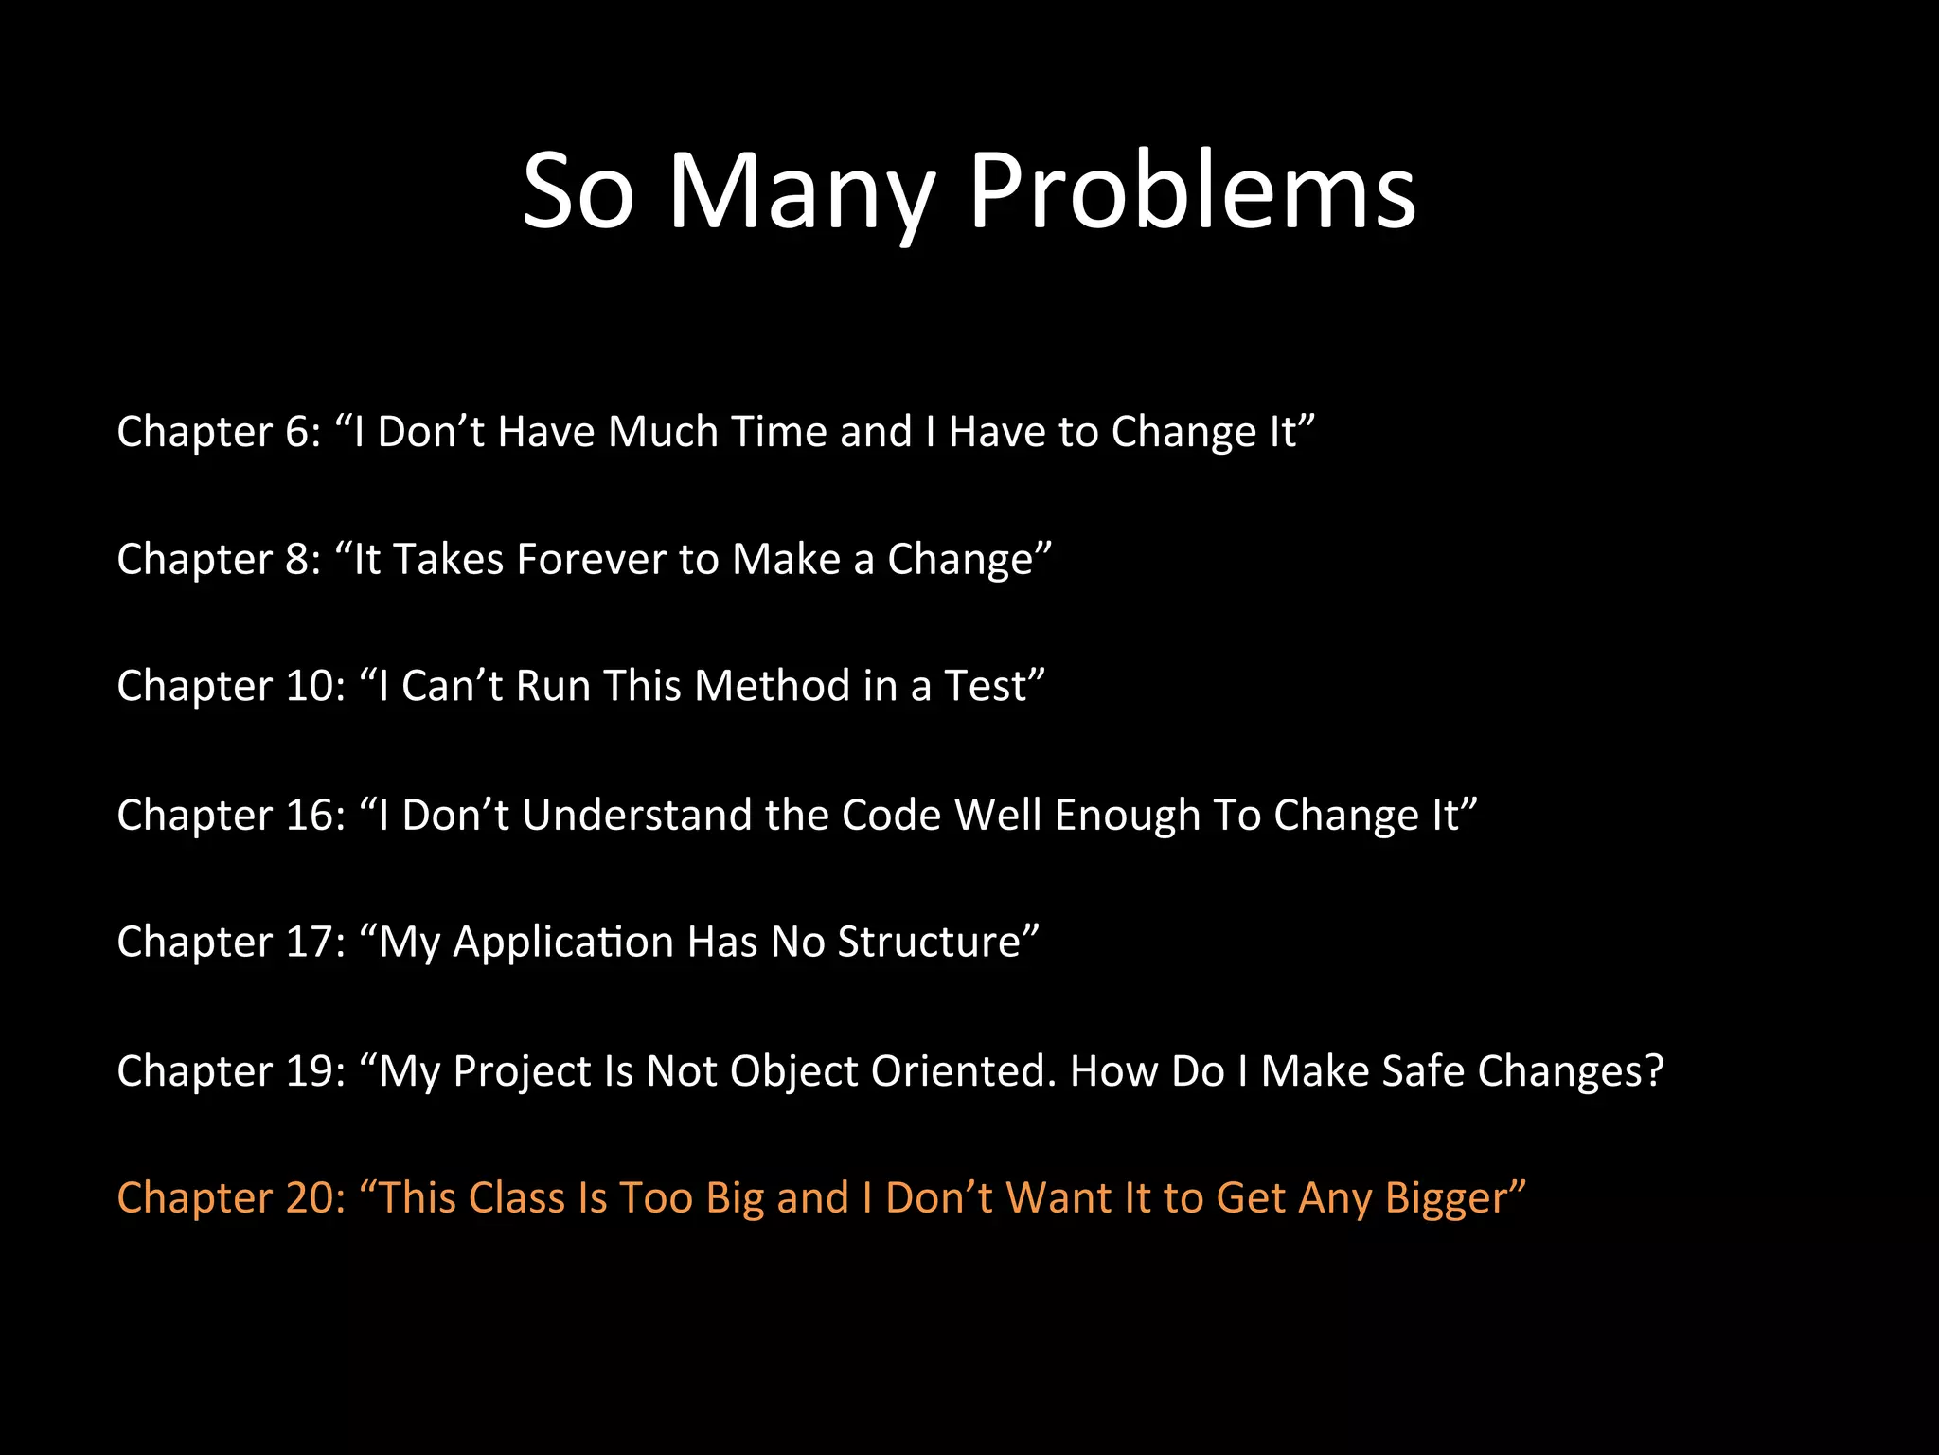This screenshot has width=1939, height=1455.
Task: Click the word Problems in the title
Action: click(x=1192, y=191)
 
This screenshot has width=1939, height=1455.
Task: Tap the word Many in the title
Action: click(x=801, y=191)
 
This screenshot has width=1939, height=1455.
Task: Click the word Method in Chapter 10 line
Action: click(x=772, y=686)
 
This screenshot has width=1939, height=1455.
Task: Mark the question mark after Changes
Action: click(x=1653, y=1070)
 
